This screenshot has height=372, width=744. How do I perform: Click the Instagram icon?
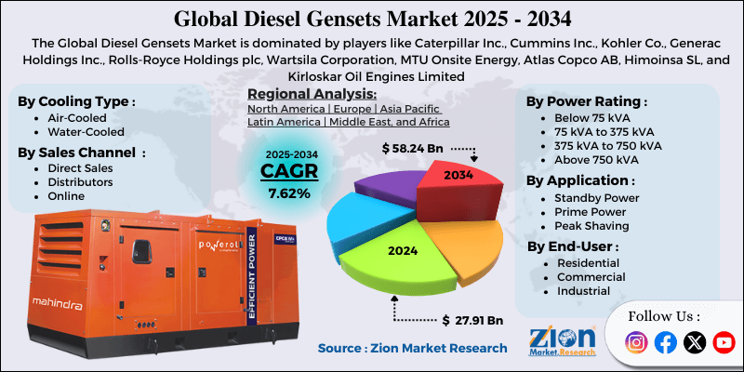pos(636,342)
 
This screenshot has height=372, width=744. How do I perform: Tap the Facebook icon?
pos(665,342)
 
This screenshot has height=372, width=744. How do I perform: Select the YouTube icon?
pos(724,342)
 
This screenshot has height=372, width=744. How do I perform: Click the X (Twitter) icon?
pos(695,342)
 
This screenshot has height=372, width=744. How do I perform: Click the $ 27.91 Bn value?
pos(472,321)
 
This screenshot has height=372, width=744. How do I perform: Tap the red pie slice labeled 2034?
pos(457,185)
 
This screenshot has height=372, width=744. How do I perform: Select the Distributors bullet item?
pos(80,182)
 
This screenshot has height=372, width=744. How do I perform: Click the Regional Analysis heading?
pos(312,94)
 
